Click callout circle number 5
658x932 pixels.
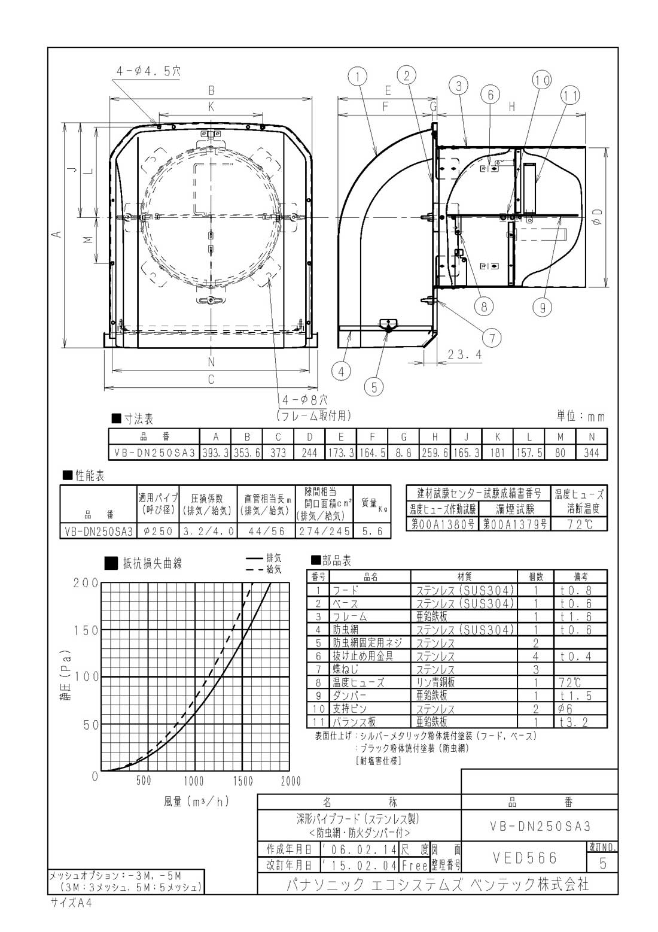tap(374, 387)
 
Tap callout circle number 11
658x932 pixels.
tap(570, 96)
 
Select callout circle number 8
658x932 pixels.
tap(484, 306)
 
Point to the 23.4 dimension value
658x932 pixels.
tap(465, 354)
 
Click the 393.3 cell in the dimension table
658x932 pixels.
tap(215, 453)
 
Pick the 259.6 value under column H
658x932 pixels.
tap(435, 453)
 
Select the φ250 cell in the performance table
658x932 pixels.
tap(158, 532)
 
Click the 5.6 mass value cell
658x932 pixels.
tap(372, 532)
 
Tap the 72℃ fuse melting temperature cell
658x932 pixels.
tap(579, 524)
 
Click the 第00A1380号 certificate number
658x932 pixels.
tap(443, 524)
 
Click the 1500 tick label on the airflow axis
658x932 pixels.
tap(243, 781)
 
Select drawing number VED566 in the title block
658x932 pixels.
tap(525, 857)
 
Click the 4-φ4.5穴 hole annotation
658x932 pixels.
tap(148, 71)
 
